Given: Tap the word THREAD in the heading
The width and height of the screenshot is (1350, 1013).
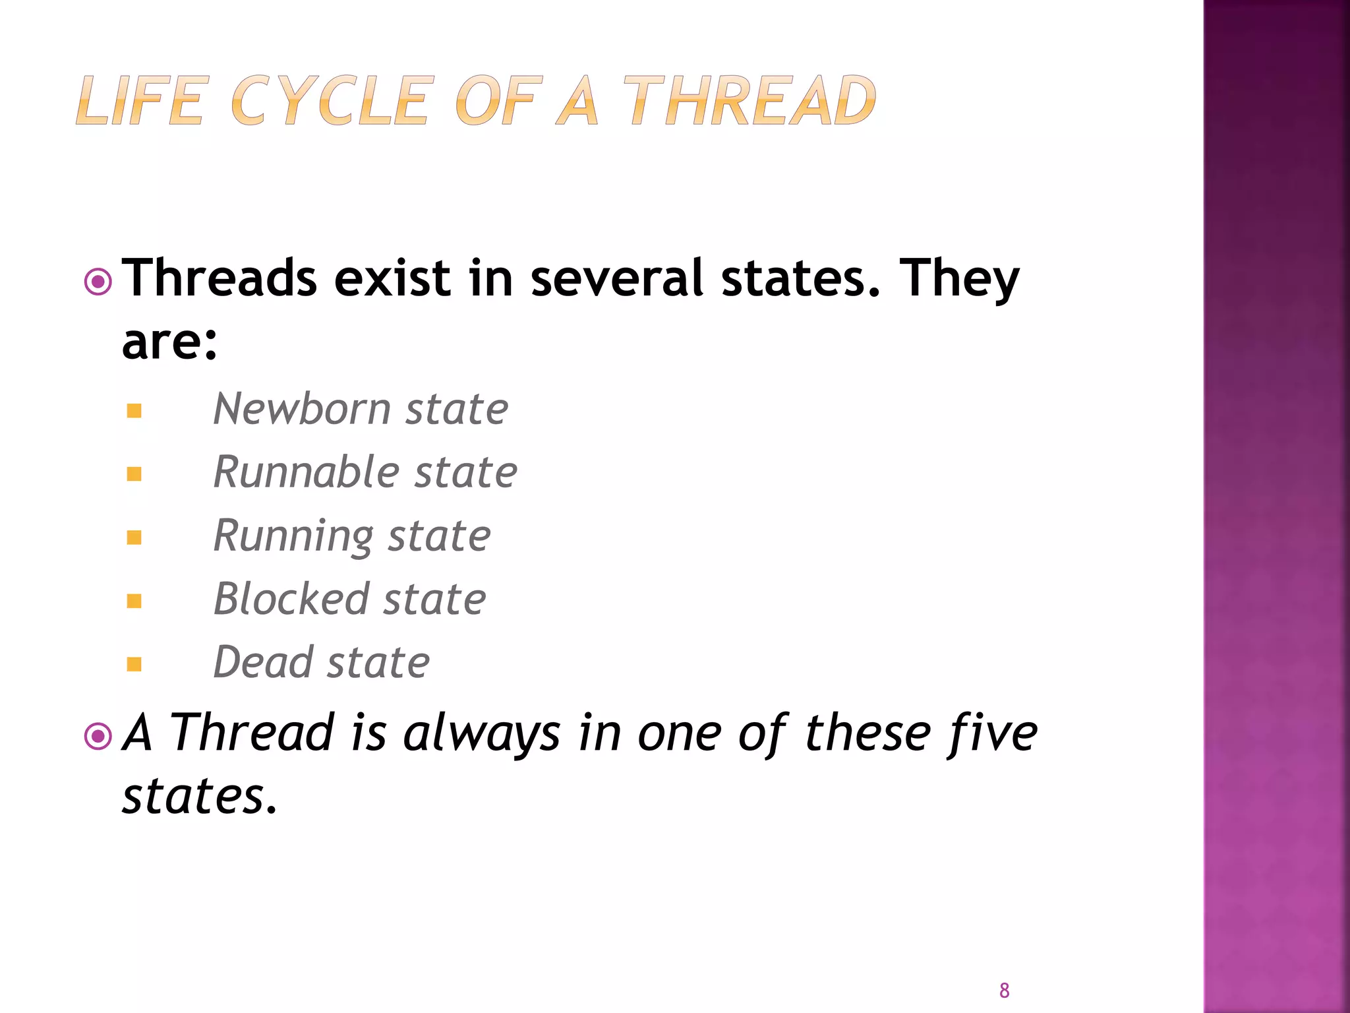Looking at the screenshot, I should click(x=749, y=100).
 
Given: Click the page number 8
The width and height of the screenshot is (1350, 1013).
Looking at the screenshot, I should click(x=1004, y=990).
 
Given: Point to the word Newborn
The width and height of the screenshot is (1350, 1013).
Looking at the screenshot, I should click(x=302, y=409).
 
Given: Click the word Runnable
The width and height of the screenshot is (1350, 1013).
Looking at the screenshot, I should click(x=307, y=472).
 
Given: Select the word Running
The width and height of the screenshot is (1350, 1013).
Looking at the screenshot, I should click(x=293, y=536).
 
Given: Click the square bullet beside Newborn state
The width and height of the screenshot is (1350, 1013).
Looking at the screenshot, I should click(x=134, y=412).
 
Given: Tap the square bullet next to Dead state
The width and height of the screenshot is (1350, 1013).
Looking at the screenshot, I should click(x=134, y=664).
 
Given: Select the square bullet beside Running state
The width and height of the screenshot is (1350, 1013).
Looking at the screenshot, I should click(x=134, y=537).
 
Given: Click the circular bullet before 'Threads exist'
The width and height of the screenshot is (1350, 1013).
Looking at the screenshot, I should click(x=98, y=282).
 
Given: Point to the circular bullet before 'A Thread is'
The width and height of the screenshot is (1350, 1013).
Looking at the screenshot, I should click(x=98, y=737).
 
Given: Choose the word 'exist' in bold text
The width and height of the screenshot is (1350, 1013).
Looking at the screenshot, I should click(x=393, y=278).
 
